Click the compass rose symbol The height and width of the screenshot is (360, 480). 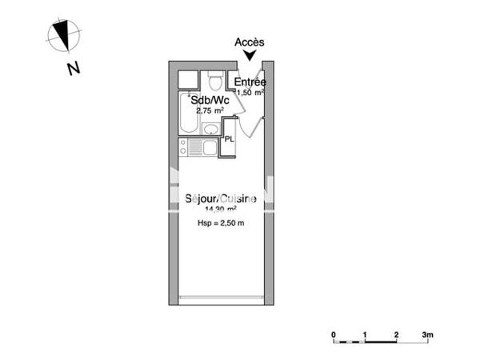click(x=62, y=34)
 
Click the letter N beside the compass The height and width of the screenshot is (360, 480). click(x=73, y=69)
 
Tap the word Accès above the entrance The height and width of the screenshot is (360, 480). click(x=250, y=42)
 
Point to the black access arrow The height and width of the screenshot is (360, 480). click(x=250, y=55)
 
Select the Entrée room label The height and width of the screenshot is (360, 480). click(x=250, y=82)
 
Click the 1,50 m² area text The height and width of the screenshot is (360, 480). click(x=250, y=92)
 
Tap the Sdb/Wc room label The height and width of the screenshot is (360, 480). click(x=210, y=100)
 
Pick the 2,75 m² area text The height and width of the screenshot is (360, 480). click(x=209, y=110)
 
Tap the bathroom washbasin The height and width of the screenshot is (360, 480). click(x=210, y=130)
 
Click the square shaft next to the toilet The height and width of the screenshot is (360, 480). click(x=189, y=80)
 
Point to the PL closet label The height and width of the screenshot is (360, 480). click(x=230, y=139)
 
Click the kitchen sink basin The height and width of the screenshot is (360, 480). click(x=210, y=147)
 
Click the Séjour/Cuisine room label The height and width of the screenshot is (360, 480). click(x=221, y=199)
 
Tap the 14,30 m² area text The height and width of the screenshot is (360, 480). click(x=221, y=210)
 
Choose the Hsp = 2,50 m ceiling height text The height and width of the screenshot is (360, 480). click(x=220, y=224)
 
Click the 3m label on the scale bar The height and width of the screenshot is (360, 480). click(x=428, y=333)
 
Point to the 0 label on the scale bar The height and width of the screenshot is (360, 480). click(x=334, y=333)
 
